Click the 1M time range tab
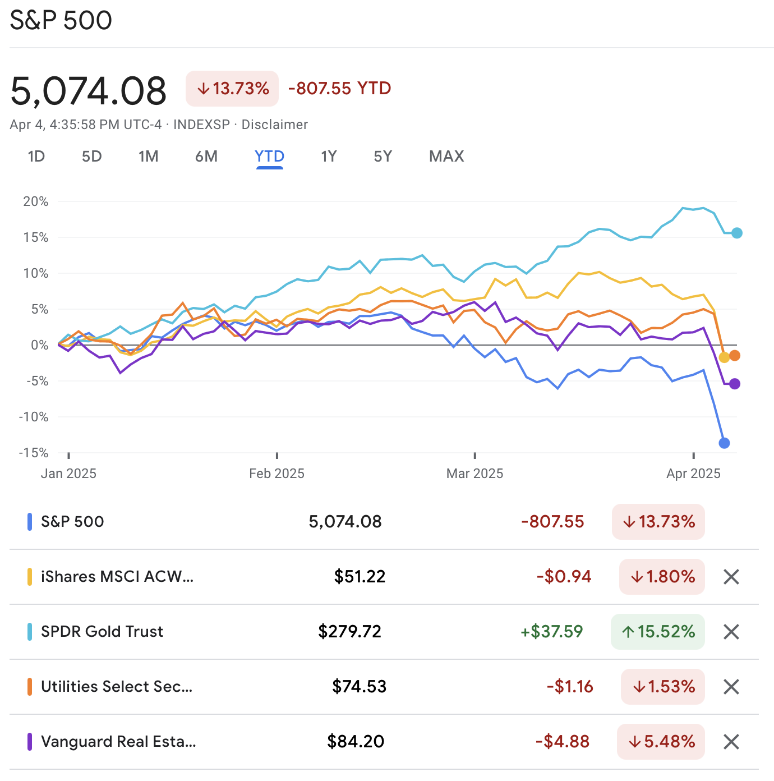149,157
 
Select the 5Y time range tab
383,157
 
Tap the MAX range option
446,157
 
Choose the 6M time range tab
206,157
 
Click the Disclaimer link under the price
274,125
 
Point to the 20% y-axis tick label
36,201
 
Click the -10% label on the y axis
34,417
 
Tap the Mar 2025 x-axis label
474,474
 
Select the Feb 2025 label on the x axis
277,474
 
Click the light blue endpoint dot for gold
737,233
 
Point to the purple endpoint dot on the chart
735,384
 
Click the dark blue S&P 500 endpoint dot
724,443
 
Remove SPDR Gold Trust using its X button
731,632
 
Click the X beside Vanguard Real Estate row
731,742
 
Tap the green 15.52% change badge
658,632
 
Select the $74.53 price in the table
359,687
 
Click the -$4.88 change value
563,742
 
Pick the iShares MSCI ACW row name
117,577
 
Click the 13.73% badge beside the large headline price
232,89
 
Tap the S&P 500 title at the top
61,21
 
